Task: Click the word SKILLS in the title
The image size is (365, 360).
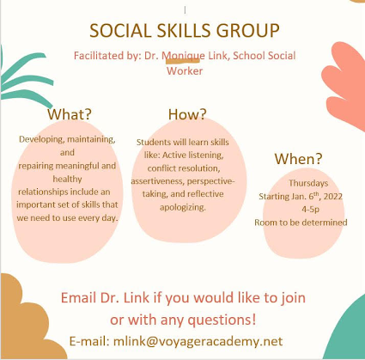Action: coord(184,31)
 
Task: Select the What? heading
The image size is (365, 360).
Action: coord(70,114)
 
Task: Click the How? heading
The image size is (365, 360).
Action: coord(187,114)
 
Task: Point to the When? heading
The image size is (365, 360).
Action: coord(298,158)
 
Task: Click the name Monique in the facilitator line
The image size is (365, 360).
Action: coord(183,56)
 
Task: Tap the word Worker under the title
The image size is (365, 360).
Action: coord(185,71)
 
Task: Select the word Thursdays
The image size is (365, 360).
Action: coord(308,183)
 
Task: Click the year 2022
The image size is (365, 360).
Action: coord(333,197)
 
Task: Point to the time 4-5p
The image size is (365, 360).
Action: coord(310,210)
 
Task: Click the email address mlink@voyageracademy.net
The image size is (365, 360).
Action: coord(198,341)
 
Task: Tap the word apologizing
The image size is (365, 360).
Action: coord(183,207)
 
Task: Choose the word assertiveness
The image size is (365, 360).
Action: coord(157,181)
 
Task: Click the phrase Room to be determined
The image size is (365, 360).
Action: coord(301,223)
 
